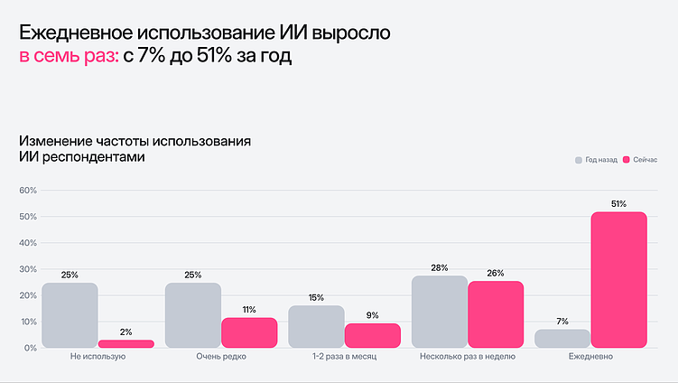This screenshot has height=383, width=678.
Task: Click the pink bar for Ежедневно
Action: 619,279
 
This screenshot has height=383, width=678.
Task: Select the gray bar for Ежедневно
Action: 562,338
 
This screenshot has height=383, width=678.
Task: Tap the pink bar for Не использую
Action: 125,343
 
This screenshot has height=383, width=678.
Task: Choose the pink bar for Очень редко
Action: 249,332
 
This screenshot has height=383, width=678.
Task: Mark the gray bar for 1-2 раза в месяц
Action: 316,326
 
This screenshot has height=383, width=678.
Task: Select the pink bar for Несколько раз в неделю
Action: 496,313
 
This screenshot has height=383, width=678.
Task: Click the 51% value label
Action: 618,204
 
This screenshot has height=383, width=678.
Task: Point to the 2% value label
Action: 125,332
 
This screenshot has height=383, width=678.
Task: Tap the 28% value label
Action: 439,267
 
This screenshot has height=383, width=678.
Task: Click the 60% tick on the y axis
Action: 26,191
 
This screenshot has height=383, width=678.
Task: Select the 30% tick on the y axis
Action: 26,269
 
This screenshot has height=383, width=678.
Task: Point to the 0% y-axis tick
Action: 29,348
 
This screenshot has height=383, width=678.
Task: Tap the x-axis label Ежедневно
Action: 591,358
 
